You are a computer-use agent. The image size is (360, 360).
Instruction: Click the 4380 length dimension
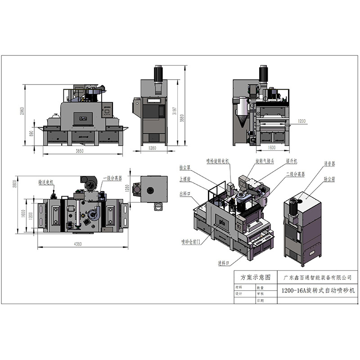(x=82, y=244)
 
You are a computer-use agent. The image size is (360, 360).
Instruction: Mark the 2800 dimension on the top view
(x=15, y=184)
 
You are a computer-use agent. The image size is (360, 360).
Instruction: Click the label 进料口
(x=224, y=262)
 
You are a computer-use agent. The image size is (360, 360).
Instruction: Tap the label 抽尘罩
(x=185, y=166)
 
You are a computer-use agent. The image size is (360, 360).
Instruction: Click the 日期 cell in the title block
(x=261, y=300)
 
